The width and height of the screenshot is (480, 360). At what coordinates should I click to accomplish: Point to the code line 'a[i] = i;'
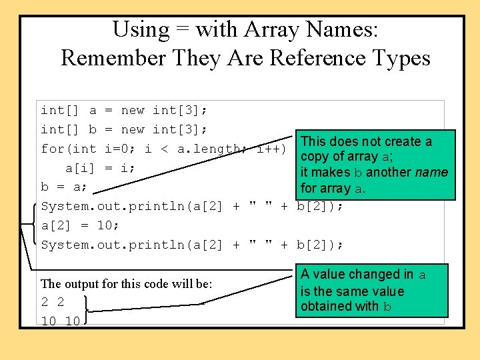click(101, 168)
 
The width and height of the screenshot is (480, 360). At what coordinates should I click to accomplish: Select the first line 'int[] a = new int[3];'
click(124, 110)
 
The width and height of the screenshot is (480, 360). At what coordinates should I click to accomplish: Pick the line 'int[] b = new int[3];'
click(124, 129)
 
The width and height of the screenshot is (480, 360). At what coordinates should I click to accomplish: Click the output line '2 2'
click(53, 302)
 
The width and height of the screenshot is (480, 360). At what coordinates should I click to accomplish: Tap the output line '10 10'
click(61, 321)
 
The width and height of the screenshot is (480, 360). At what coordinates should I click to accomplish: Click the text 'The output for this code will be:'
click(127, 284)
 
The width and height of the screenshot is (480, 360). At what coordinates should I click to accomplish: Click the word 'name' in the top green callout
click(431, 172)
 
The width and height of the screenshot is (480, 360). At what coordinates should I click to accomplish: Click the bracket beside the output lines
click(88, 311)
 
